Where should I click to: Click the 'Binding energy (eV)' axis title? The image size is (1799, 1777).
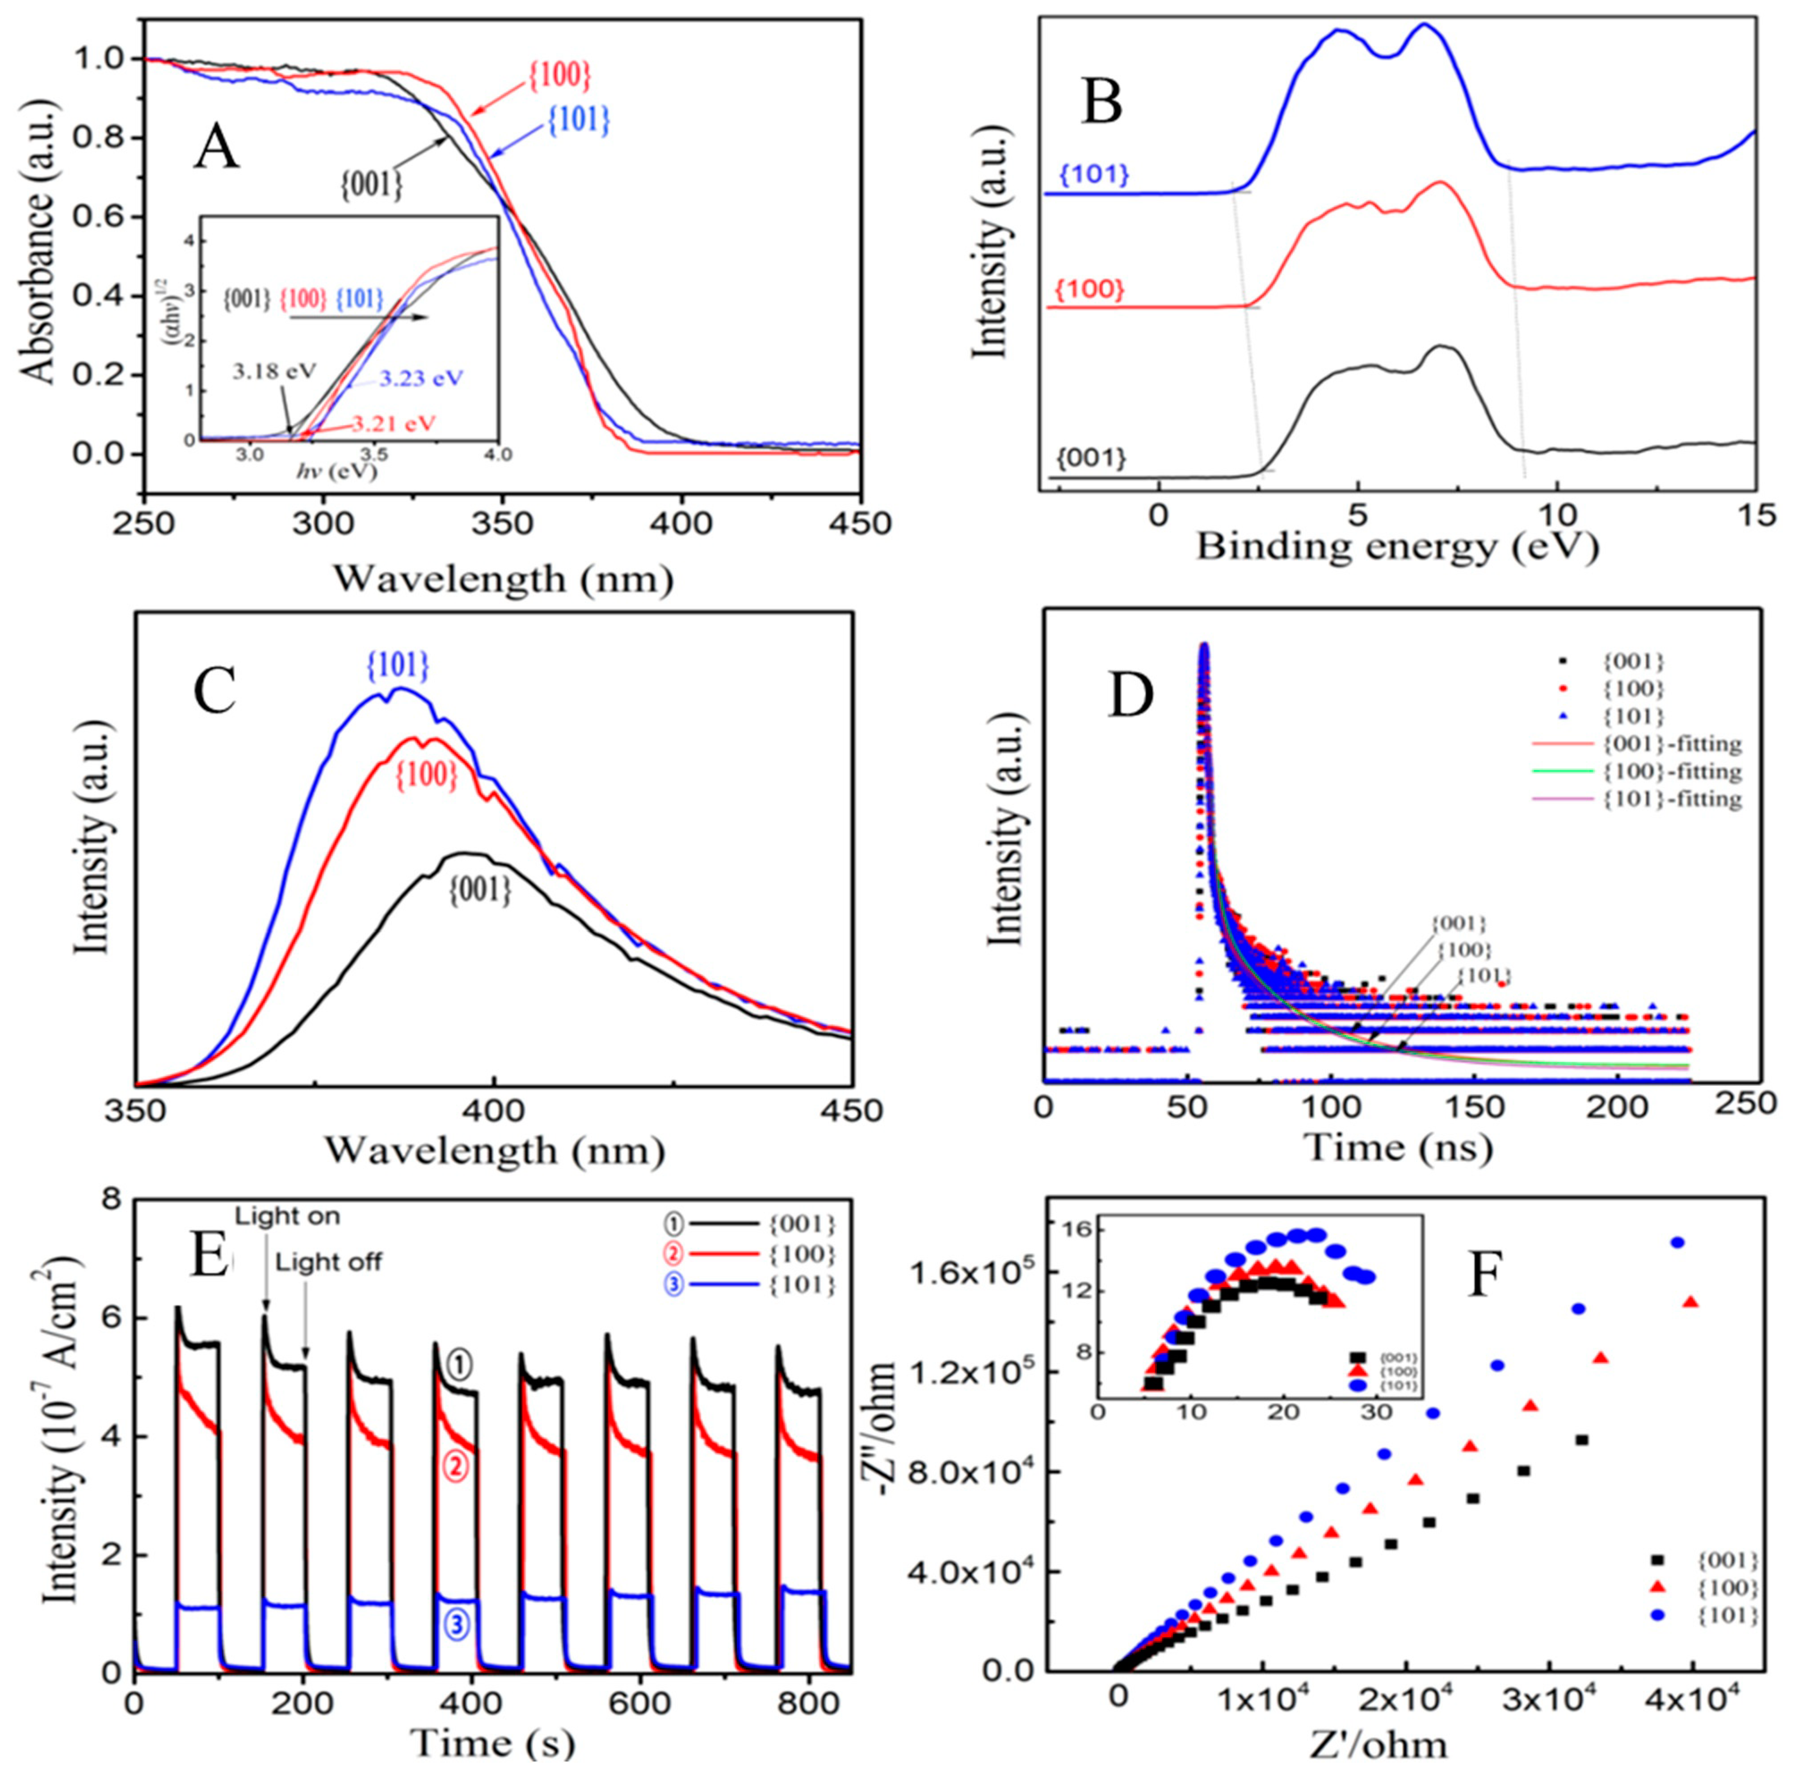click(1397, 546)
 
